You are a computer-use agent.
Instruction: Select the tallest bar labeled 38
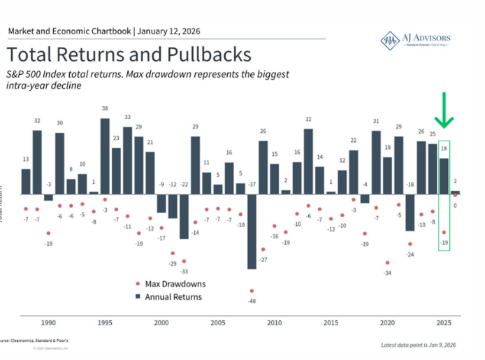pos(105,155)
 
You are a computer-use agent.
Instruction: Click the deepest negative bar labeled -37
pos(252,231)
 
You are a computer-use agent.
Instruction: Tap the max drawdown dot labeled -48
pos(252,290)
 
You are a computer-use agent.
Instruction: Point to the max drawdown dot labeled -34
pos(387,263)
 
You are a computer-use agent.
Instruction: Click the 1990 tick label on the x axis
pos(49,324)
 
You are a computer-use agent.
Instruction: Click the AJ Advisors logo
pos(414,40)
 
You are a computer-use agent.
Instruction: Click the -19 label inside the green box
pos(444,243)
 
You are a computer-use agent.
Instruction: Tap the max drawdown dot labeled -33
pos(184,261)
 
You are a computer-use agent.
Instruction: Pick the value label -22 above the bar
pos(184,185)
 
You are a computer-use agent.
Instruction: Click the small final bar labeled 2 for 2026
pos(456,192)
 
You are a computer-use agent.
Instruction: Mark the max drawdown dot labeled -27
pos(263,250)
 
